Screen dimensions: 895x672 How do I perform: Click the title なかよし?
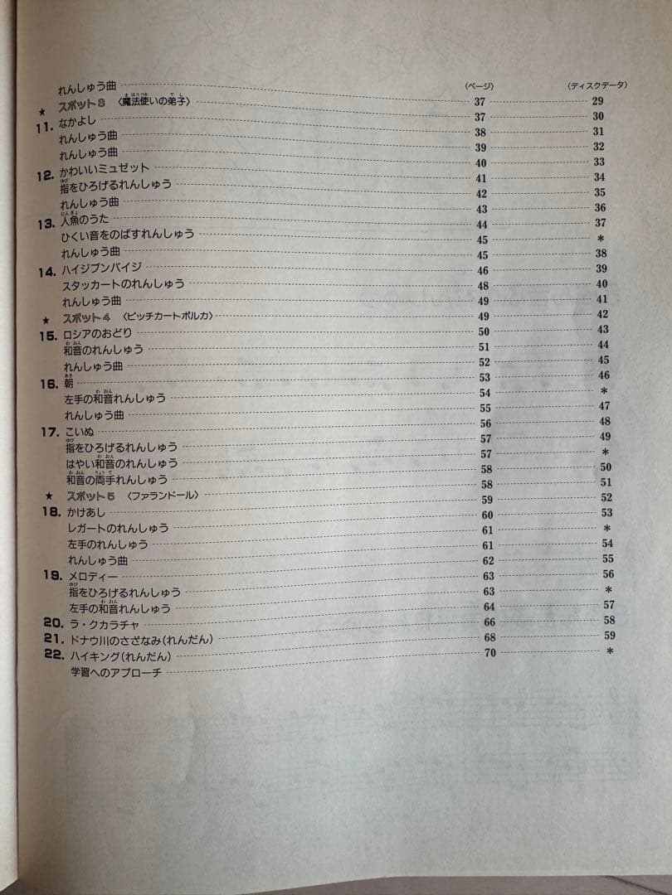click(79, 123)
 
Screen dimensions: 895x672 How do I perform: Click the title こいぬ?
click(80, 432)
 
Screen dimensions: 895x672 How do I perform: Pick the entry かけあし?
click(85, 513)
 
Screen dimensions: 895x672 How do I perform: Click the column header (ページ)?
click(479, 85)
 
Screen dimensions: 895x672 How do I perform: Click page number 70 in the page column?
click(489, 653)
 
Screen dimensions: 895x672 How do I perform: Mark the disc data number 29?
click(597, 101)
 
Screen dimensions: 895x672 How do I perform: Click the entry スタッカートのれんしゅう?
click(124, 284)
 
